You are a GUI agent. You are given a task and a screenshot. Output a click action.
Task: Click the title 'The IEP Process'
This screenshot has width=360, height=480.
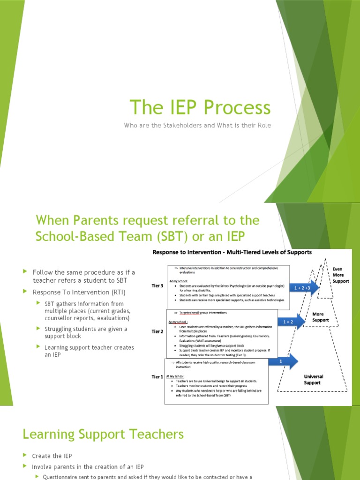[200, 107]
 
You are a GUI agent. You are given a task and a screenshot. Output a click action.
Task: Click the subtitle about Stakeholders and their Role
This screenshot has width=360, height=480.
[197, 125]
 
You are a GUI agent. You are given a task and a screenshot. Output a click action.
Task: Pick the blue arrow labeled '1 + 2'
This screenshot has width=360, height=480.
[291, 322]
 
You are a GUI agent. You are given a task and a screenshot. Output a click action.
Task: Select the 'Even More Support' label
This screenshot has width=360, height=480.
[337, 276]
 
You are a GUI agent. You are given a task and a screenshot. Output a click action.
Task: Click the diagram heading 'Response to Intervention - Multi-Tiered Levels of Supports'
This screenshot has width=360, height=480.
[232, 252]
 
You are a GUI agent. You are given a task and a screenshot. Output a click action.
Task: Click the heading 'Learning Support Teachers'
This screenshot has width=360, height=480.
[103, 434]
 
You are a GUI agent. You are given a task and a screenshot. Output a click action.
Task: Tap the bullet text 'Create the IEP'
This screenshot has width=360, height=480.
[52, 456]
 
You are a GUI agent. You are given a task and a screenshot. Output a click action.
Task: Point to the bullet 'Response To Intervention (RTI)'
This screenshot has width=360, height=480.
[79, 292]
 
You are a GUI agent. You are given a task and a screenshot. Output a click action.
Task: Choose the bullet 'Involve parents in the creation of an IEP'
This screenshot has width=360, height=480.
[88, 466]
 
